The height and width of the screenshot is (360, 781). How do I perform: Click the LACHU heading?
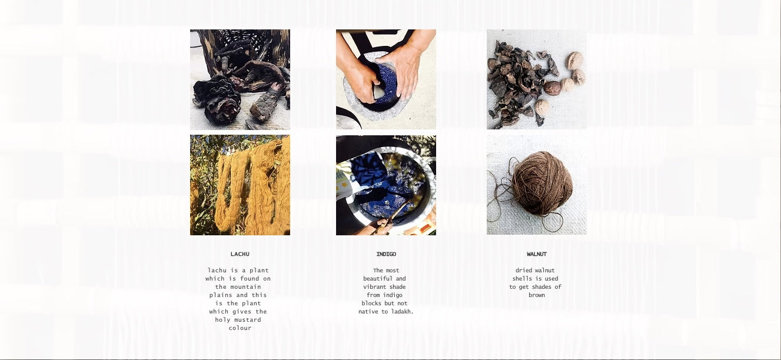(240, 254)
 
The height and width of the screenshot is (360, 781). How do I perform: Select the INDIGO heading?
(386, 254)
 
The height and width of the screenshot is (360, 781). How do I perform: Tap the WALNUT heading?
(537, 254)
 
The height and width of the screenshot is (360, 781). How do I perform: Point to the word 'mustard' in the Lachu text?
(246, 319)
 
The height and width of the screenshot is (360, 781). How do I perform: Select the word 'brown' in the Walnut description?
(537, 295)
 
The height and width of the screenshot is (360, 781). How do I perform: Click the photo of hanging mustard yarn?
(240, 185)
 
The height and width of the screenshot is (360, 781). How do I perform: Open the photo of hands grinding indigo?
(386, 79)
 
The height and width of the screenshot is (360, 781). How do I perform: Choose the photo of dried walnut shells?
(537, 79)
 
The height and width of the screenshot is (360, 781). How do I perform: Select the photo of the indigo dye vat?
(386, 185)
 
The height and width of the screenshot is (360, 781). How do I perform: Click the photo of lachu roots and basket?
(240, 79)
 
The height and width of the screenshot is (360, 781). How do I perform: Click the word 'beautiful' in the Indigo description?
(375, 278)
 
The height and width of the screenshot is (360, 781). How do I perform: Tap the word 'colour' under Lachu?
(240, 328)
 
